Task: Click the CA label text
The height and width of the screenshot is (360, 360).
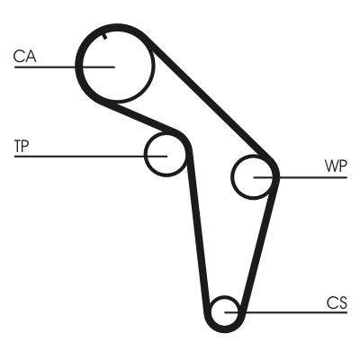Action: (x=24, y=57)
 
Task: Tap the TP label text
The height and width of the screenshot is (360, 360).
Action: (x=22, y=144)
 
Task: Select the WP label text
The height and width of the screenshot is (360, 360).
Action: (x=335, y=166)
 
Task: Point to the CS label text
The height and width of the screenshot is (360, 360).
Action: (x=337, y=302)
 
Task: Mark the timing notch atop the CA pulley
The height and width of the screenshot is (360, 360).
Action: (x=105, y=36)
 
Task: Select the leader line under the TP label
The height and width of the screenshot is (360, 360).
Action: (x=72, y=155)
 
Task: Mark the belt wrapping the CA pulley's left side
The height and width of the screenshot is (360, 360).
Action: (x=79, y=67)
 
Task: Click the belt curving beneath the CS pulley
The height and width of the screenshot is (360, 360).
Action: (x=223, y=328)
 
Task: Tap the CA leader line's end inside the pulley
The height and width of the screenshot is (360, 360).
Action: (x=113, y=67)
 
